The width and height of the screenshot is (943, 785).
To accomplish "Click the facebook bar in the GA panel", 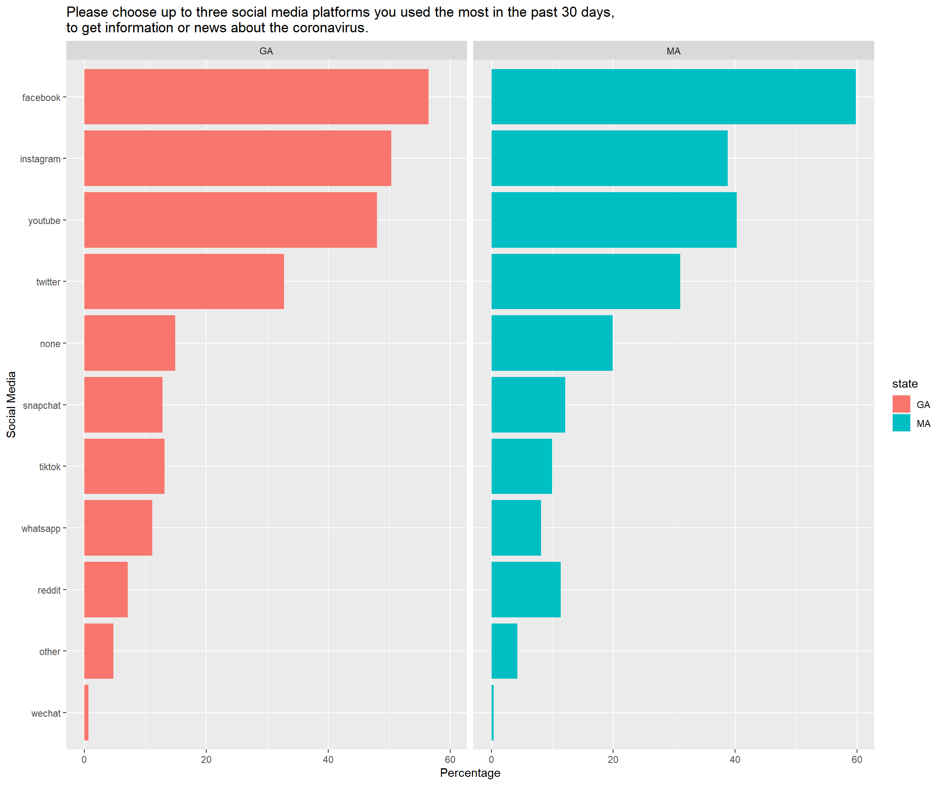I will [256, 96].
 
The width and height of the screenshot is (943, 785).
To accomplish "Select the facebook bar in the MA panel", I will [674, 96].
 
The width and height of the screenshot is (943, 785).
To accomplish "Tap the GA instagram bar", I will [237, 158].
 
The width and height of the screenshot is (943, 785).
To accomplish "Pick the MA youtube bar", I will [614, 220].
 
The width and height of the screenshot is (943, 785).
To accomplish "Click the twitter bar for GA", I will [184, 281].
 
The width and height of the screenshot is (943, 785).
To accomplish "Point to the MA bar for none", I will [552, 343].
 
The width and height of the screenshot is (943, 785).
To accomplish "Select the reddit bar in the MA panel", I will [526, 590].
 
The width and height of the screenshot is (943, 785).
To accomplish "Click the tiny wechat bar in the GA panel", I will [86, 713].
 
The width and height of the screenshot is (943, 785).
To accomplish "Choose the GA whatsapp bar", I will [118, 528].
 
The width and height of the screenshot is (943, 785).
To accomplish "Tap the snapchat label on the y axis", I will [41, 406].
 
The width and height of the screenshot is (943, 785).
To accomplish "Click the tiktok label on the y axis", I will [50, 467].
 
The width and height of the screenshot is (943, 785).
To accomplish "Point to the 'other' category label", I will [50, 652].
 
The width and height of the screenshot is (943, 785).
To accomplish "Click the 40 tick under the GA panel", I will [328, 759].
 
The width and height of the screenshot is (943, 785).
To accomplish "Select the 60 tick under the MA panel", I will [857, 759].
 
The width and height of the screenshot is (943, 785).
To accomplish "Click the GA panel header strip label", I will [266, 51].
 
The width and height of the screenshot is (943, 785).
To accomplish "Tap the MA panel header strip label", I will [674, 51].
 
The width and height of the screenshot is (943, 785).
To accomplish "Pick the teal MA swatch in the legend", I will [901, 423].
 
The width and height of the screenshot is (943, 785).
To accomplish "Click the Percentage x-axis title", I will [470, 773].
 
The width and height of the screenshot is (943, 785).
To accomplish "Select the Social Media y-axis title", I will [11, 405].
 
